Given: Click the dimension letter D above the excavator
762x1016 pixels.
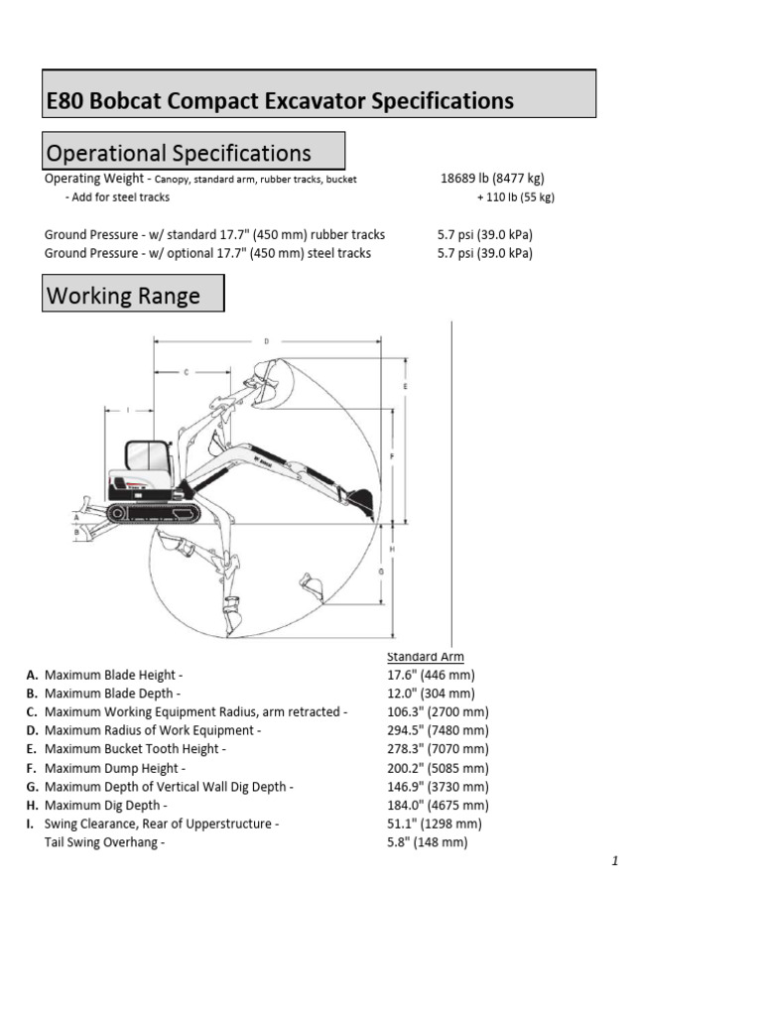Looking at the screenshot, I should pos(266,341).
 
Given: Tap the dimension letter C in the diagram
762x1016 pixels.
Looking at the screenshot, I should pos(187,372).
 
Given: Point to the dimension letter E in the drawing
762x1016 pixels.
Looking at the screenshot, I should pos(405,385).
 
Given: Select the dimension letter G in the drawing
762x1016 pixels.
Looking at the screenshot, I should pos(380,571).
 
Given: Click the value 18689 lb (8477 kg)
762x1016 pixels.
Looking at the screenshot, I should pos(492,179).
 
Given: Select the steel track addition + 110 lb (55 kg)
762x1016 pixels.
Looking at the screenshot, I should pos(515,197).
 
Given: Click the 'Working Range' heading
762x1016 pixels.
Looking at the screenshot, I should pos(124,295).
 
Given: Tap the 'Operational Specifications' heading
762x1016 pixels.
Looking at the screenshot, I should pos(180,153).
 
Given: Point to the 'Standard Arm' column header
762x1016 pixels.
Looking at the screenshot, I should pos(425,657).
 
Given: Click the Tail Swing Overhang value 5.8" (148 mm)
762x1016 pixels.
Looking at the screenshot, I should pos(427,842).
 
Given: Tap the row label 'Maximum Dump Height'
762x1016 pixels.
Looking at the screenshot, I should pos(111,768).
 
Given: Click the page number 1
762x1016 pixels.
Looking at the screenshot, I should pos(615,861).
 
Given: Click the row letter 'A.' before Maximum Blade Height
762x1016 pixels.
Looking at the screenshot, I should pos(33,675).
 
